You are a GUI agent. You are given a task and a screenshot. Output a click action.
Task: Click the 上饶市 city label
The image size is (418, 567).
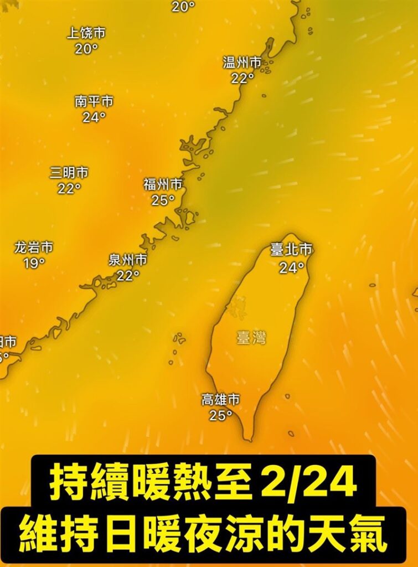pyautogui.click(x=86, y=33)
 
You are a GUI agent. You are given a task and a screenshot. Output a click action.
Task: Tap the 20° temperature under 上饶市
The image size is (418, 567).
pyautogui.click(x=86, y=49)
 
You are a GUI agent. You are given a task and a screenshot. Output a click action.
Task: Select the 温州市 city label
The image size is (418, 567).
pyautogui.click(x=242, y=63)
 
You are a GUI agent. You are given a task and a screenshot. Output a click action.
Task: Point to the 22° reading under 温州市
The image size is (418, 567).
pyautogui.click(x=242, y=78)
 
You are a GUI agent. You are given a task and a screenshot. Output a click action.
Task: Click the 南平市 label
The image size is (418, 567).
pyautogui.click(x=94, y=102)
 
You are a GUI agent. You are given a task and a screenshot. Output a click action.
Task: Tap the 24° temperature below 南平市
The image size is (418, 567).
pyautogui.click(x=94, y=117)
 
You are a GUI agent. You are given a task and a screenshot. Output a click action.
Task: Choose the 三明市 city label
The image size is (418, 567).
pyautogui.click(x=69, y=173)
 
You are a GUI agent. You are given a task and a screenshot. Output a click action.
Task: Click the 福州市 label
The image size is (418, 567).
pyautogui.click(x=163, y=184)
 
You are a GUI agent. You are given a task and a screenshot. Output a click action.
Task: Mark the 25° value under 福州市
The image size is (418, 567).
pyautogui.click(x=163, y=200)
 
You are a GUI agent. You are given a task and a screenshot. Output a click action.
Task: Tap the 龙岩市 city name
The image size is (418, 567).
pyautogui.click(x=34, y=248)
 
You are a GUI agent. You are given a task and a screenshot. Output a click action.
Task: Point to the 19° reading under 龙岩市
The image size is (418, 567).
pyautogui.click(x=34, y=263)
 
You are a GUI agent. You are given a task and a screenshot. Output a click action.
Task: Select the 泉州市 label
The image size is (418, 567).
pyautogui.click(x=127, y=260)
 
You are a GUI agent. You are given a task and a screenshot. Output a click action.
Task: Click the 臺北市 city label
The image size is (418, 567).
pyautogui.click(x=291, y=250)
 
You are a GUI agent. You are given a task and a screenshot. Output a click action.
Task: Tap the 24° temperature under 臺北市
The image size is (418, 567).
pyautogui.click(x=291, y=268)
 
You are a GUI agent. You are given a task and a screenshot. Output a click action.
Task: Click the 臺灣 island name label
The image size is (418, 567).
pyautogui.click(x=251, y=338)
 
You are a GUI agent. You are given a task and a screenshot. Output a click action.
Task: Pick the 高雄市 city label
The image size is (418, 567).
pyautogui.click(x=220, y=399)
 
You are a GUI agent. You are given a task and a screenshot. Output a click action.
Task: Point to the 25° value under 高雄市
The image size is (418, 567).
pyautogui.click(x=220, y=415)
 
